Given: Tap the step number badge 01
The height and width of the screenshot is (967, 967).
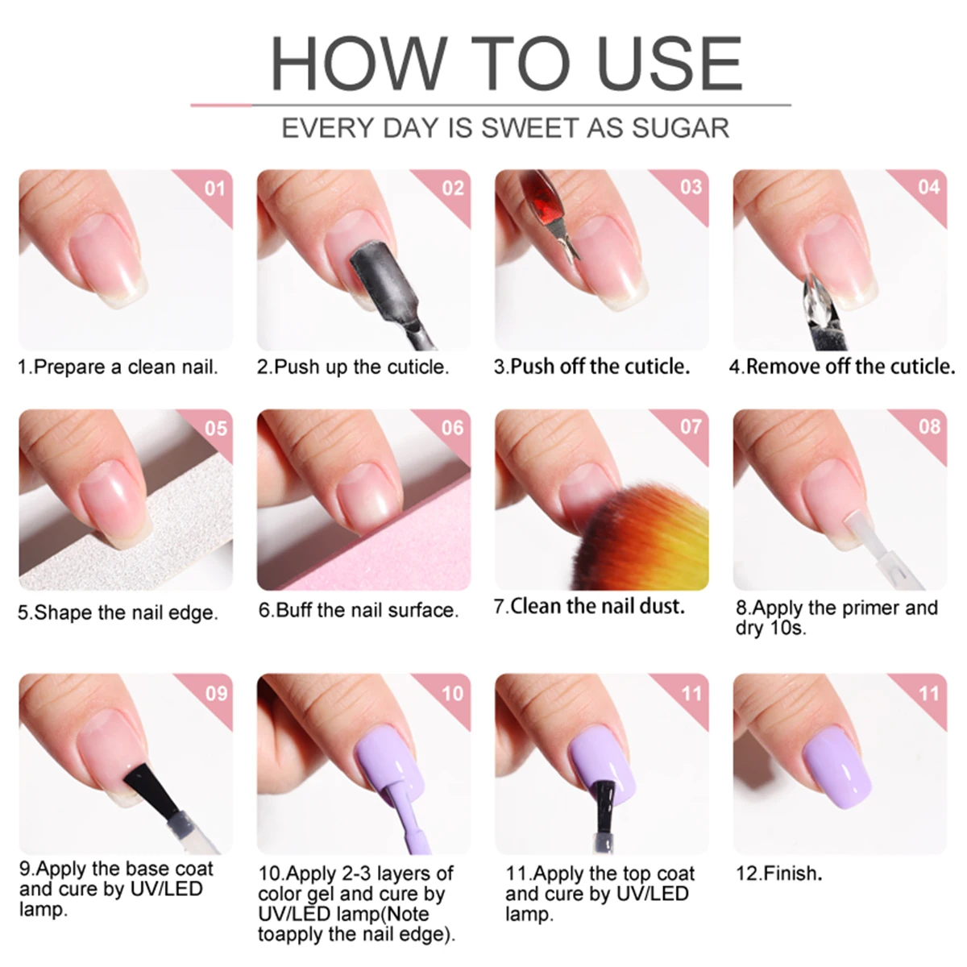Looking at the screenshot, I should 214,189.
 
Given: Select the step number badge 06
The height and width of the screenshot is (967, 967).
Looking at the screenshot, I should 452,428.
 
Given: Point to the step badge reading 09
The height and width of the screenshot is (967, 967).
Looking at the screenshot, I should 216,693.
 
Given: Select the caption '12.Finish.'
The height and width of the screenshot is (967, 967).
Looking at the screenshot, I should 778,874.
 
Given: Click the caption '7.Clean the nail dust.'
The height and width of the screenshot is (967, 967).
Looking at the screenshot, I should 589,607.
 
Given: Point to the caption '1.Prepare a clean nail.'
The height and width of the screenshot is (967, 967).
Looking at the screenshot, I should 118,367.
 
